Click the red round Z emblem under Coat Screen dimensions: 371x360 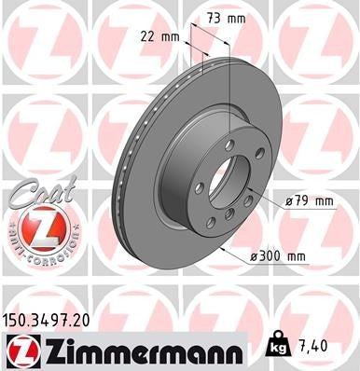[x=35, y=229]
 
